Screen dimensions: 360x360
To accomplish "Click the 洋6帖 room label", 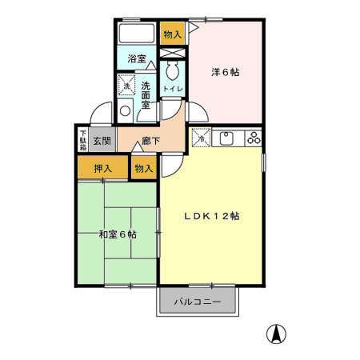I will [x=226, y=72].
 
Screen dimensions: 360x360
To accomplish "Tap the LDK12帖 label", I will [x=212, y=216].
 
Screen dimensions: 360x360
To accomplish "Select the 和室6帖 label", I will [x=117, y=234].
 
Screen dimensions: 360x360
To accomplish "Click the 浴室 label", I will [x=137, y=58].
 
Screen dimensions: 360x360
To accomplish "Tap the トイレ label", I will [x=171, y=88].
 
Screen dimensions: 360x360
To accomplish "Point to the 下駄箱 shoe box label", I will [x=82, y=139].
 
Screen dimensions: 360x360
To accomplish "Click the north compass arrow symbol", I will [x=276, y=334].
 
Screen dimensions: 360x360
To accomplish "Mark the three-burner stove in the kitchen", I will [x=254, y=137].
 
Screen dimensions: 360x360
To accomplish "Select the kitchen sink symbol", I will [x=226, y=138].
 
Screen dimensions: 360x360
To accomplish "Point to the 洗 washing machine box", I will [x=126, y=85].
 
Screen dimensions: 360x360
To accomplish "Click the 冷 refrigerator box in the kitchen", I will [x=200, y=137].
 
